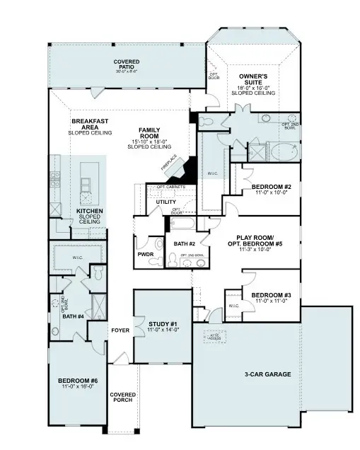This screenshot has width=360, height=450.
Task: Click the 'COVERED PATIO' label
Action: pyautogui.click(x=126, y=65)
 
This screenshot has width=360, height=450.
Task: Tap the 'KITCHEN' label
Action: pyautogui.click(x=90, y=210)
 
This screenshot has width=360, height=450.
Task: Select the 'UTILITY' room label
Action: pyautogui.click(x=166, y=202)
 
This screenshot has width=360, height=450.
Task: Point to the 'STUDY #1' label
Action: pyautogui.click(x=163, y=326)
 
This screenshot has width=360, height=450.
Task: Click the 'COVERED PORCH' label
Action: pyautogui.click(x=122, y=398)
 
